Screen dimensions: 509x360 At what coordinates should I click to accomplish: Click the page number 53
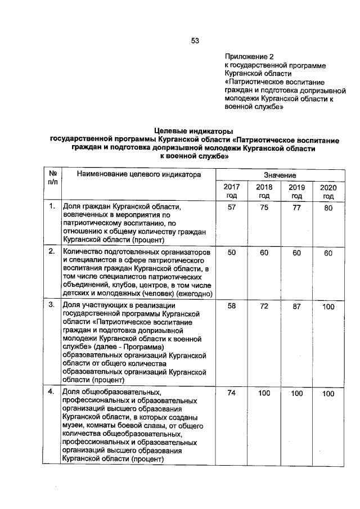[195, 40]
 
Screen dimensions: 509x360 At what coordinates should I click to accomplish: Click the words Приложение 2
[248, 57]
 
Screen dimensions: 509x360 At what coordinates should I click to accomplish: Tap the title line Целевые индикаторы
[194, 130]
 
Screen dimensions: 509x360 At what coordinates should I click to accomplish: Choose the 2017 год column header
[231, 191]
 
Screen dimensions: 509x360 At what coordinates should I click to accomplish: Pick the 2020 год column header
[328, 191]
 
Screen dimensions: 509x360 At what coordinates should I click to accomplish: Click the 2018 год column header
[264, 191]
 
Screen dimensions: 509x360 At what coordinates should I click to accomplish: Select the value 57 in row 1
[231, 208]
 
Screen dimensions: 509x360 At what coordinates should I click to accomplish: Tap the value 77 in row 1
[296, 208]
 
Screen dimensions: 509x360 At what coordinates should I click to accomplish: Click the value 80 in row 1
[328, 208]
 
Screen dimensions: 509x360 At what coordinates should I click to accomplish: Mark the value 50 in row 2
[231, 254]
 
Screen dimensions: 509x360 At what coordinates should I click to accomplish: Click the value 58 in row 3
[231, 307]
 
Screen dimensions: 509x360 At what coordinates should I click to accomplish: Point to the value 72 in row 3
[264, 307]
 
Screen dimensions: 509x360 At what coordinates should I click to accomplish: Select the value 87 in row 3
[296, 307]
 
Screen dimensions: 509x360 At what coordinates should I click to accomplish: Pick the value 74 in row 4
[231, 394]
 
